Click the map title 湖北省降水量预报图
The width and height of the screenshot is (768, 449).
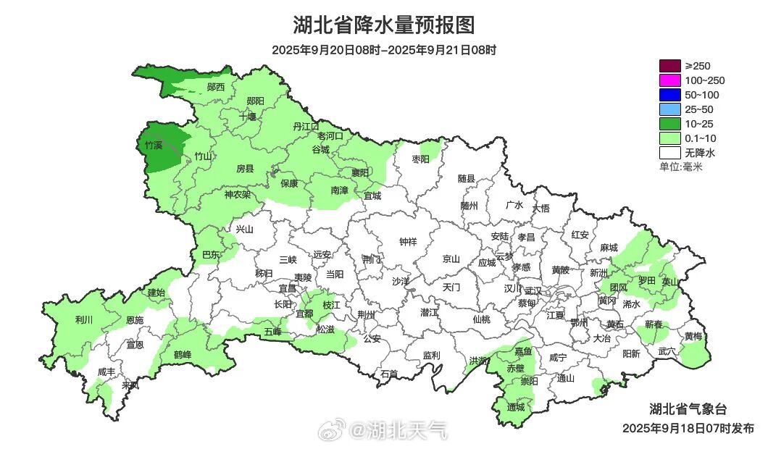pyautogui.click(x=384, y=25)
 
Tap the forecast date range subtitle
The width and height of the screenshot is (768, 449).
pyautogui.click(x=384, y=50)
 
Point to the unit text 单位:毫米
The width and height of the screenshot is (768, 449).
pyautogui.click(x=680, y=167)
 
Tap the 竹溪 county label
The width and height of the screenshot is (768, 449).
pyautogui.click(x=154, y=146)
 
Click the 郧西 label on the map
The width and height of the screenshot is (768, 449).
pyautogui.click(x=216, y=87)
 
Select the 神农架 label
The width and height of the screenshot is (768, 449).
pyautogui.click(x=237, y=194)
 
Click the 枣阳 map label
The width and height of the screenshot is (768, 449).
pyautogui.click(x=421, y=159)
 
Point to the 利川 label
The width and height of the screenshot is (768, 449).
pyautogui.click(x=84, y=319)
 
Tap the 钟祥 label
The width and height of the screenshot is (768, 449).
pyautogui.click(x=409, y=242)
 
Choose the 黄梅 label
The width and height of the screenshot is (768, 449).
pyautogui.click(x=693, y=336)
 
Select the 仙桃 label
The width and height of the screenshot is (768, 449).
pyautogui.click(x=481, y=319)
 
